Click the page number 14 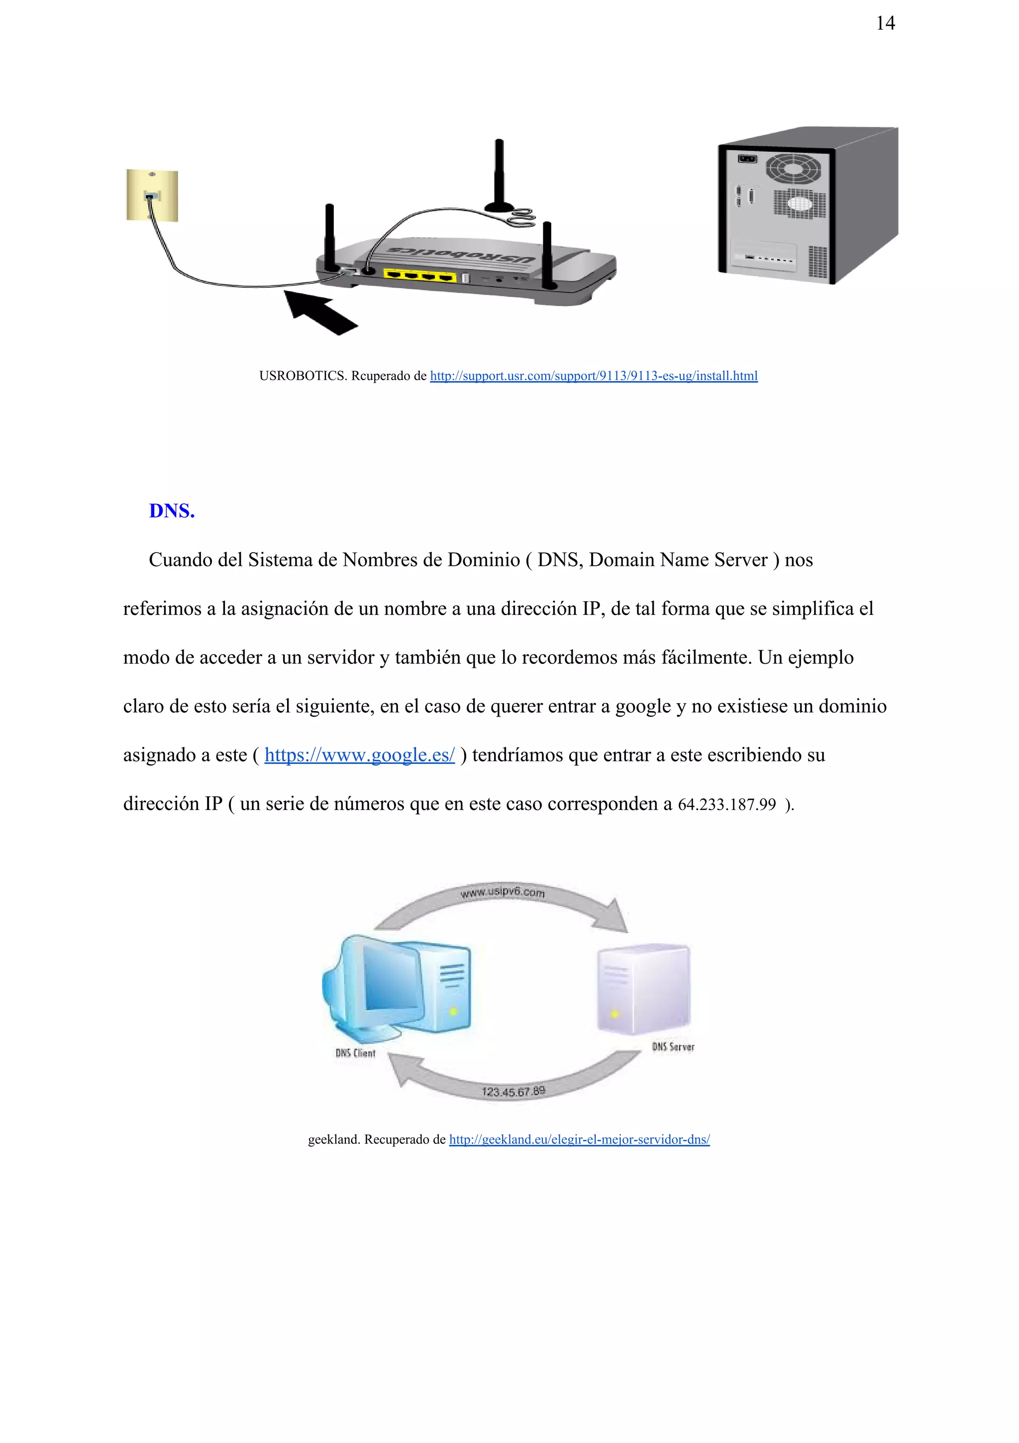pos(885,24)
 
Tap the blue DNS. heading pos(172,511)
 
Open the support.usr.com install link pos(594,376)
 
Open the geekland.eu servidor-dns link pos(579,1139)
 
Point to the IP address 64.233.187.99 pos(727,805)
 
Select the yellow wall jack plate pos(152,196)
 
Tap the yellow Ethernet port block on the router pos(419,275)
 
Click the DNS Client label pos(355,1053)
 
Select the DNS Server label pos(673,1047)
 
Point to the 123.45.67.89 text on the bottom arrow pos(513,1092)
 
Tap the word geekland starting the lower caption pos(334,1139)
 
